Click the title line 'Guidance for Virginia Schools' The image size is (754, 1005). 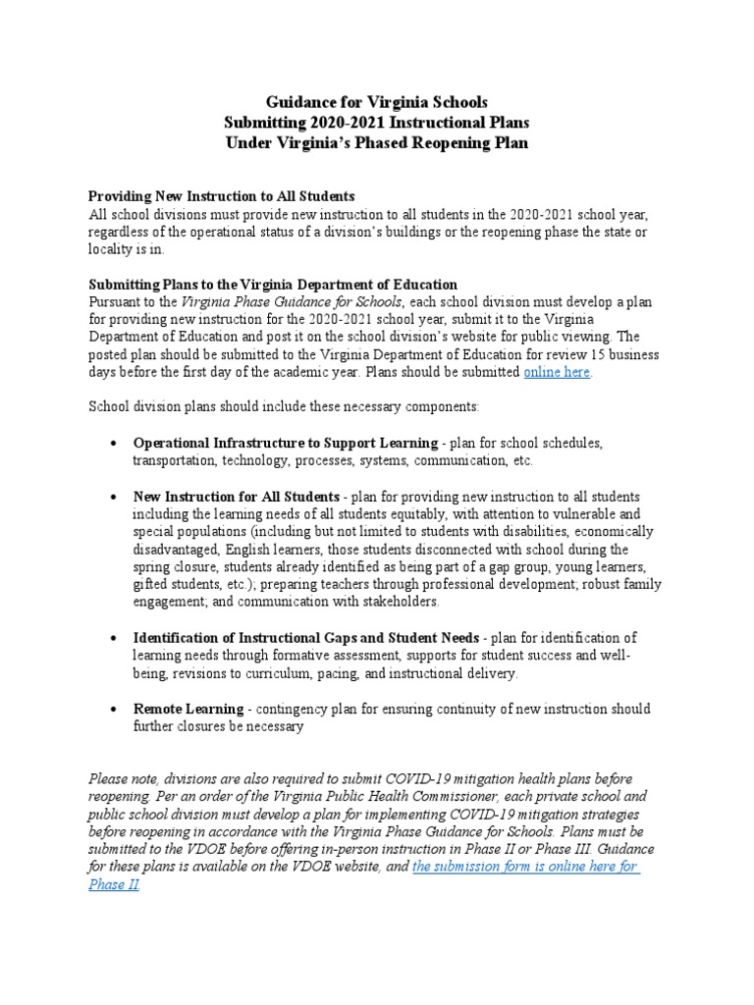tap(376, 102)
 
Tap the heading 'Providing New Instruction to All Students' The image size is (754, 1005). tap(222, 196)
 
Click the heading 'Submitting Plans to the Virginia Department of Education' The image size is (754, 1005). tap(273, 285)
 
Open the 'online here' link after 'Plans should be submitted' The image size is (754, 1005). tap(558, 372)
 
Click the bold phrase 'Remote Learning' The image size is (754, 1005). tap(188, 709)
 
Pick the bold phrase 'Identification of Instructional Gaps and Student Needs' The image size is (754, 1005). tap(306, 638)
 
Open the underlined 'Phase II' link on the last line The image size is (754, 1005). tap(113, 884)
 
